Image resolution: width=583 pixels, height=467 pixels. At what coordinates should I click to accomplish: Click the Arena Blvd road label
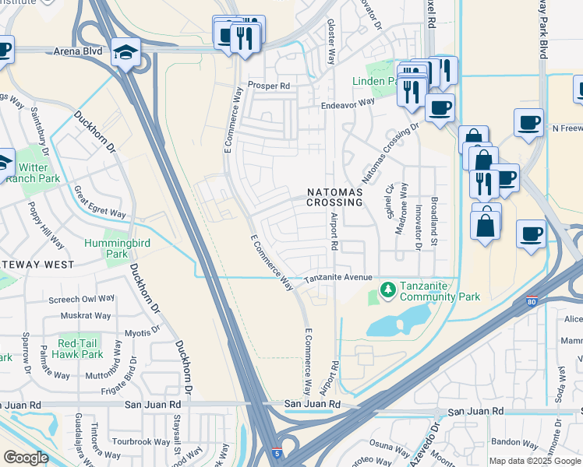click(x=78, y=51)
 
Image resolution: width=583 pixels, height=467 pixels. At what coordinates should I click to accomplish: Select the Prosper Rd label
click(x=269, y=85)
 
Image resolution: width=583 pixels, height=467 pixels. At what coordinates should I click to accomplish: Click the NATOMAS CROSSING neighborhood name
click(x=335, y=197)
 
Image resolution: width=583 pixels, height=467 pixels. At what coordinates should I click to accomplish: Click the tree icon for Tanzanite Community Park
click(x=387, y=290)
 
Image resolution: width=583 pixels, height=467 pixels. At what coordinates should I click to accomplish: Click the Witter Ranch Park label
click(x=33, y=173)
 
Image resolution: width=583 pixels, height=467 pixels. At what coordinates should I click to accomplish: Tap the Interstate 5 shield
click(x=277, y=452)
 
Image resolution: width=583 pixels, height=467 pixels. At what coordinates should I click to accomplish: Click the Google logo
click(x=26, y=458)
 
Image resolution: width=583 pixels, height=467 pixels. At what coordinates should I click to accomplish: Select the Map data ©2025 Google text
click(x=535, y=461)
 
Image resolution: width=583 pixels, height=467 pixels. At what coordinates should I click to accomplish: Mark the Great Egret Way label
click(x=101, y=202)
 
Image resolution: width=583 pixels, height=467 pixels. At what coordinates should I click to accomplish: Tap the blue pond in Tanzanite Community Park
click(x=397, y=320)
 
